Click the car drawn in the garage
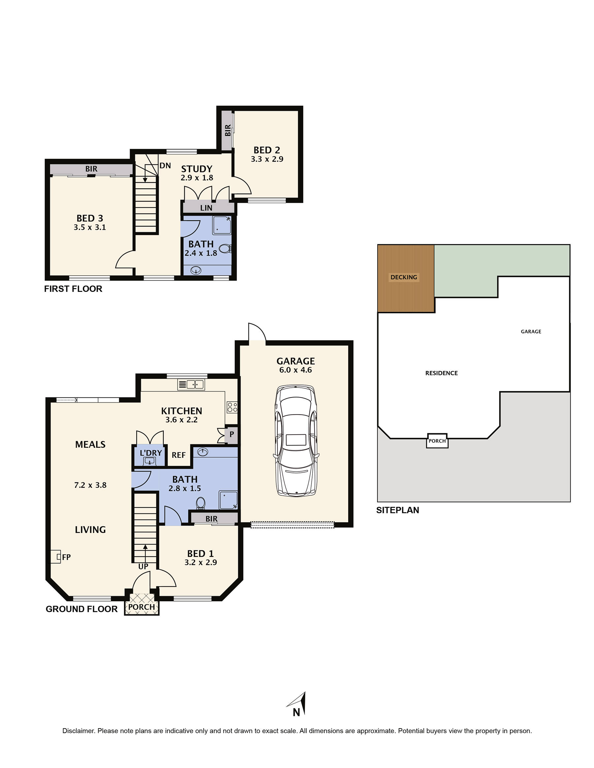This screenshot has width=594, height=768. click(x=296, y=441)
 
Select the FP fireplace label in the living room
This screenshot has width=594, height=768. click(x=66, y=557)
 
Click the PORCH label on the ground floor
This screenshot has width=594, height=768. click(x=142, y=607)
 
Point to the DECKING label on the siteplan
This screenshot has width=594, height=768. click(x=404, y=277)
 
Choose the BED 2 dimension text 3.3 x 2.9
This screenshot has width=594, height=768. click(x=267, y=159)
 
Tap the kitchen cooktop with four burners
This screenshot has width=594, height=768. click(x=232, y=407)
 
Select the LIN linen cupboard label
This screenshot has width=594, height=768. click(x=206, y=208)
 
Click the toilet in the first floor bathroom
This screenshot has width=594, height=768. click(x=225, y=249)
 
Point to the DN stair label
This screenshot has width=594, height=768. click(x=165, y=166)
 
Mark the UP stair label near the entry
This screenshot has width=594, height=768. click(x=143, y=567)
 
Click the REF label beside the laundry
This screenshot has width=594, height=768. click(x=179, y=455)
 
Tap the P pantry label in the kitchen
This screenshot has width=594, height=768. click(x=232, y=434)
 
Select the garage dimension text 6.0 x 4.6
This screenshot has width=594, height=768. click(x=296, y=370)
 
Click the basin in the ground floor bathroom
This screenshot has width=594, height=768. click(x=202, y=452)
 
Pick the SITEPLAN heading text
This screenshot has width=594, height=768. click(x=398, y=510)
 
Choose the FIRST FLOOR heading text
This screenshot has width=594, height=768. click(x=73, y=289)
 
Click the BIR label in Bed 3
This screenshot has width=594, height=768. click(x=91, y=169)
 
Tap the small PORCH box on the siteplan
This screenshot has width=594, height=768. click(x=437, y=441)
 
